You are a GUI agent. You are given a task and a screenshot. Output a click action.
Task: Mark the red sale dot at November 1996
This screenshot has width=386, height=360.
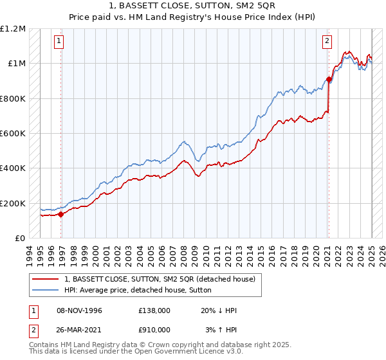[x=60, y=214]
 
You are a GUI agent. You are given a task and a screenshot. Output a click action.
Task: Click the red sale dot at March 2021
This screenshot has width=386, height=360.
[x=328, y=80]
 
